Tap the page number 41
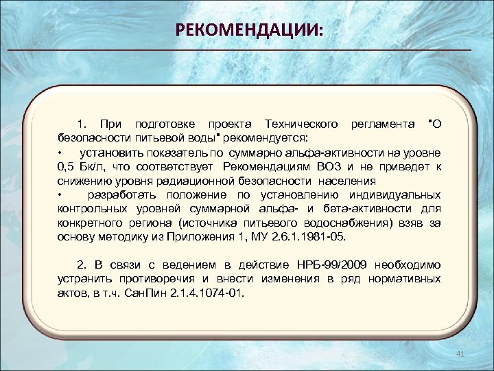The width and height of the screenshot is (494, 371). point(460,354)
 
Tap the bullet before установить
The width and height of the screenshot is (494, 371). point(60,153)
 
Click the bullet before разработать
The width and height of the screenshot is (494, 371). point(60,195)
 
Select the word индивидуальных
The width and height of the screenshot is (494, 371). point(393,195)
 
